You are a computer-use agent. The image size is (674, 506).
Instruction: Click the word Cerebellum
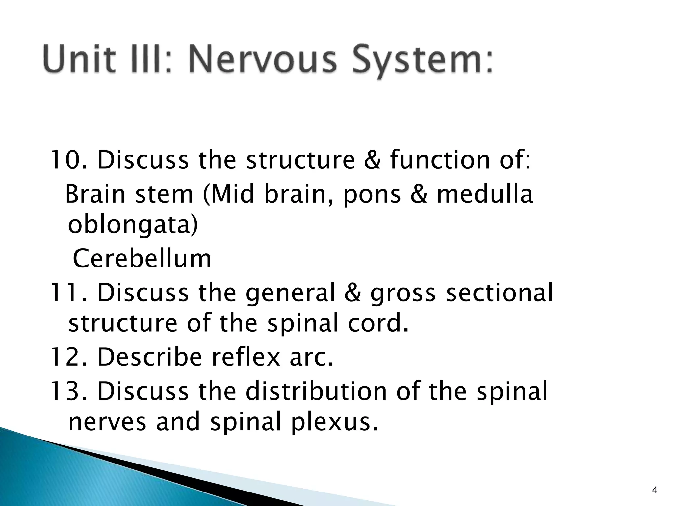pos(142,259)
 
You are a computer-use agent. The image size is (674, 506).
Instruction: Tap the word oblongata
pos(133,226)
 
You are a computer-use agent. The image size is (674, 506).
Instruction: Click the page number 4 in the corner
pos(655,491)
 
